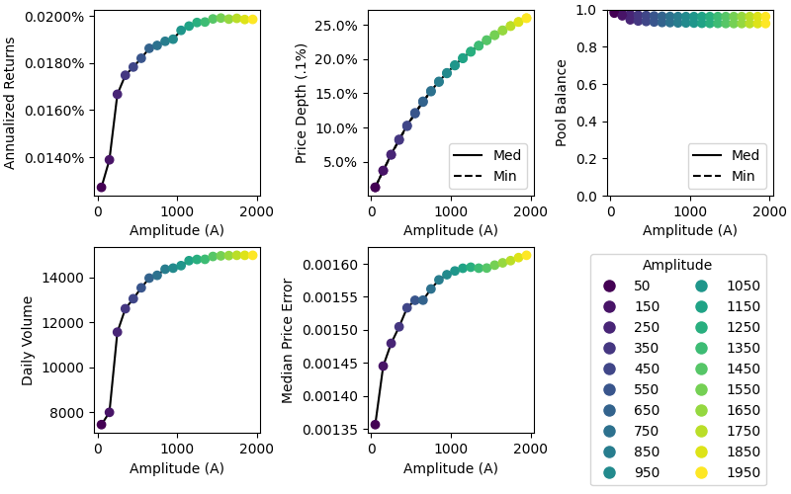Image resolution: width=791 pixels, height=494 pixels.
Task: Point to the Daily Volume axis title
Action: [x=28, y=340]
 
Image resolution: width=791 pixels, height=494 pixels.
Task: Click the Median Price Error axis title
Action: [x=288, y=340]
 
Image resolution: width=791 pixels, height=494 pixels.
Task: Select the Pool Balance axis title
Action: [x=562, y=103]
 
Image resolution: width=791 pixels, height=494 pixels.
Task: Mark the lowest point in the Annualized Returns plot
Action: [x=101, y=187]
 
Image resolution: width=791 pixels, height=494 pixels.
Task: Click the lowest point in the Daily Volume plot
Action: [x=101, y=425]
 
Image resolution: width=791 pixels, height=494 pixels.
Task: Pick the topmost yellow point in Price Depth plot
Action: [x=526, y=18]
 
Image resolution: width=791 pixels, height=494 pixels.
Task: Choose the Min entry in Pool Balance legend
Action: [x=732, y=176]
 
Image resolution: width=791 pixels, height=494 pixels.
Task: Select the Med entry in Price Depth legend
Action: [x=492, y=155]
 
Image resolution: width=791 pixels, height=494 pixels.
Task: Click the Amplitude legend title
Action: [x=676, y=265]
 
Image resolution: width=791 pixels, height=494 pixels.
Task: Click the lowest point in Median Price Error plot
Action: [x=375, y=425]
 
